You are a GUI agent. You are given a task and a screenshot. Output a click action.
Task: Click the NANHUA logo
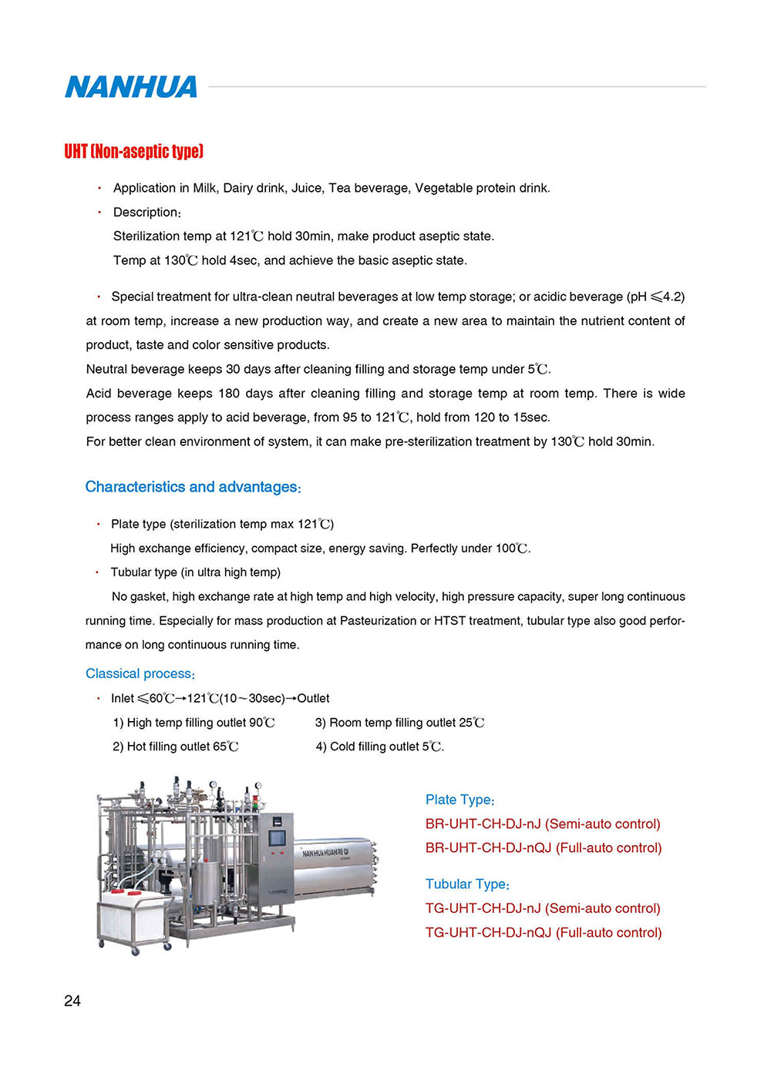[x=131, y=87]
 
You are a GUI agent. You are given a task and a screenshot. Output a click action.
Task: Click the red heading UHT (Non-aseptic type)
[x=133, y=151]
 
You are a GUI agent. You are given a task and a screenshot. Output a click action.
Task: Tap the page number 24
[x=72, y=1001]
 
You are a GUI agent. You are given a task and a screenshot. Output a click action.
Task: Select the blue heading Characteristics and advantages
[x=193, y=487]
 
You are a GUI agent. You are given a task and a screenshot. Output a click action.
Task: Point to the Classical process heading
[x=140, y=673]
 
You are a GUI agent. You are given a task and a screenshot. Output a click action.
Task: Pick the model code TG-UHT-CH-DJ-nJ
[x=483, y=908]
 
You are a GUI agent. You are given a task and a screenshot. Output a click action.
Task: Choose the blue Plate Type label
[x=460, y=800]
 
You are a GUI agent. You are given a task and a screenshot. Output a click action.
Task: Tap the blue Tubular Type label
[x=467, y=884]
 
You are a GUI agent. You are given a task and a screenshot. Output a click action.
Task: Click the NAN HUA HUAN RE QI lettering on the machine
[x=325, y=852]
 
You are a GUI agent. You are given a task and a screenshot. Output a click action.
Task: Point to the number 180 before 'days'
[x=229, y=393]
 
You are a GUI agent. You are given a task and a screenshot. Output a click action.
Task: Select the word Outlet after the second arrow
[x=313, y=698]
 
